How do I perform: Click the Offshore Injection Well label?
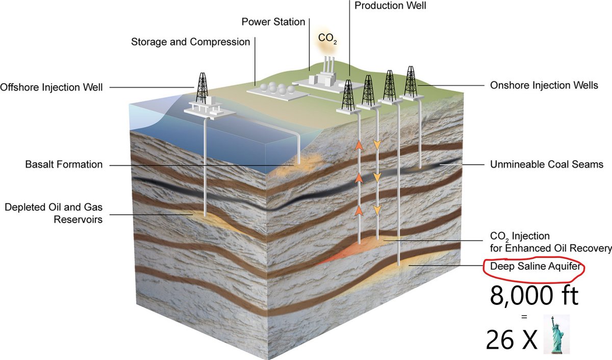pos(52,87)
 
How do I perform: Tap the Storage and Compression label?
pos(190,41)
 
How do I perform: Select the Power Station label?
pos(273,22)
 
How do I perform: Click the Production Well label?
pos(390,6)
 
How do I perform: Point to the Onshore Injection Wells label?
pos(544,85)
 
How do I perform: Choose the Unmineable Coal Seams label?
pos(546,165)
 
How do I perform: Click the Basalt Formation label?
pos(64,165)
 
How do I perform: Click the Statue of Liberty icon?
pos(556,334)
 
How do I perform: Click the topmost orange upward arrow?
pos(359,146)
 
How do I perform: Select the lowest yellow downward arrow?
pos(377,209)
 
